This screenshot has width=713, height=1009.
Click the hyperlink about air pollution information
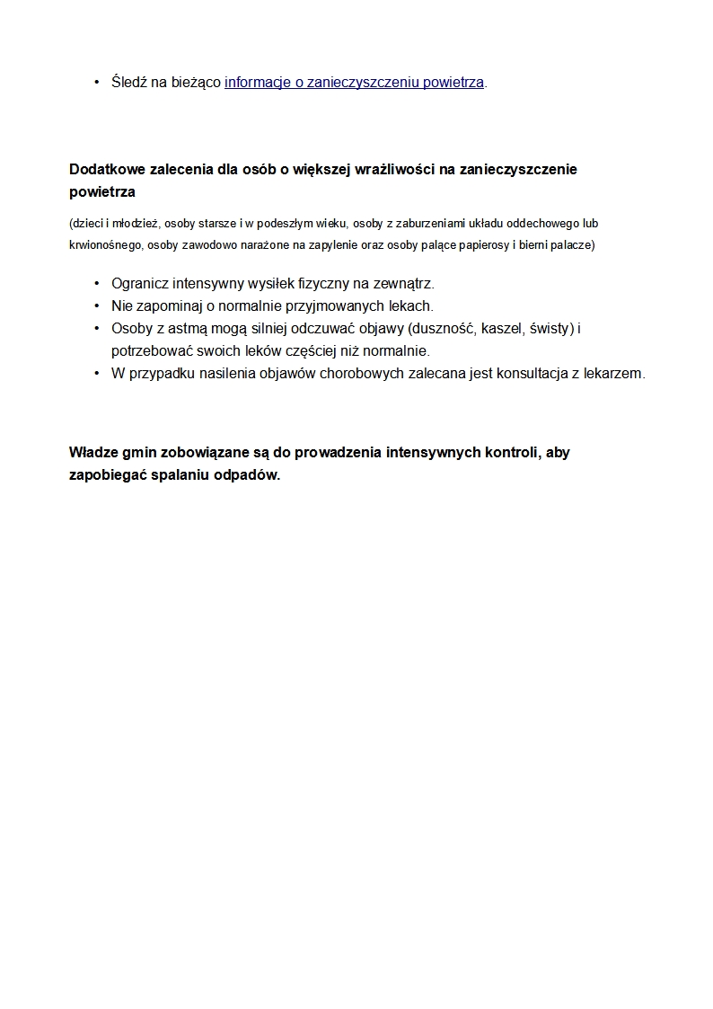pos(354,83)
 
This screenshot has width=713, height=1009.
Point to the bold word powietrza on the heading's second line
pos(102,192)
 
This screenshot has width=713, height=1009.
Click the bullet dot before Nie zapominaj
pos(96,305)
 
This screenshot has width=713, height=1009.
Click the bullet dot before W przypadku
pos(96,373)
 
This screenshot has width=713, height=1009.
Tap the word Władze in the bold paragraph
pos(94,452)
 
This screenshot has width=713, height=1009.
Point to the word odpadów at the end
pos(249,475)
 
